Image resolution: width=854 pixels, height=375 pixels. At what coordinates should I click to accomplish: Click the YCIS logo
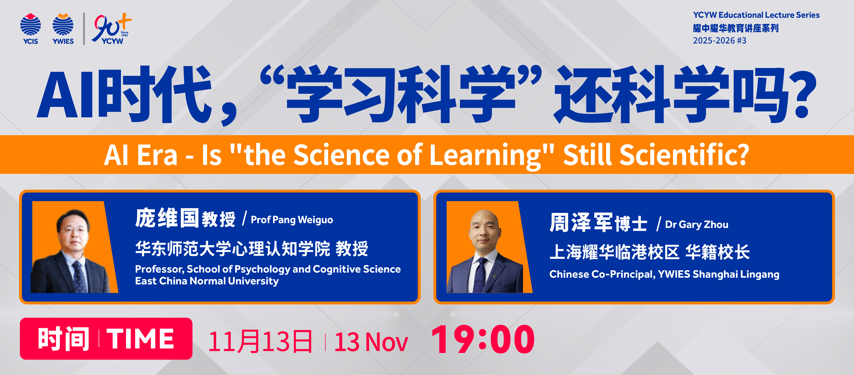[x=30, y=29]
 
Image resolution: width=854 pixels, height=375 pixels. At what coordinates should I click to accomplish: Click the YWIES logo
[x=63, y=29]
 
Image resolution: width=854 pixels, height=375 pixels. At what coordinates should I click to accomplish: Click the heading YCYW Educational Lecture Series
[x=756, y=15]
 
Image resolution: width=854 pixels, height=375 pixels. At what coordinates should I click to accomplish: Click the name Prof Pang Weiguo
[x=292, y=220]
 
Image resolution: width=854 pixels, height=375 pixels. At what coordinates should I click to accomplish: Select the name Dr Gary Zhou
[x=697, y=224]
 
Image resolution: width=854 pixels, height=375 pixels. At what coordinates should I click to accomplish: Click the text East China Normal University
[x=207, y=281]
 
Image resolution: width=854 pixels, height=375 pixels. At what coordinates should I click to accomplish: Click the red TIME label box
[x=106, y=339]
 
